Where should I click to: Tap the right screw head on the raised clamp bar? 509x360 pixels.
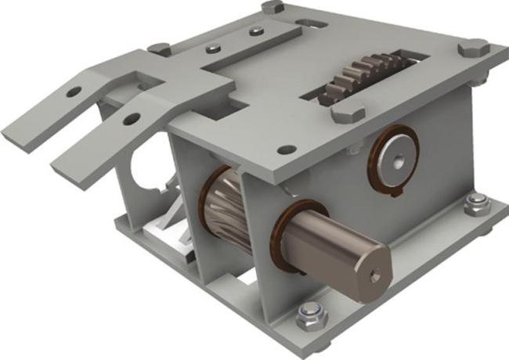(253, 32)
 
